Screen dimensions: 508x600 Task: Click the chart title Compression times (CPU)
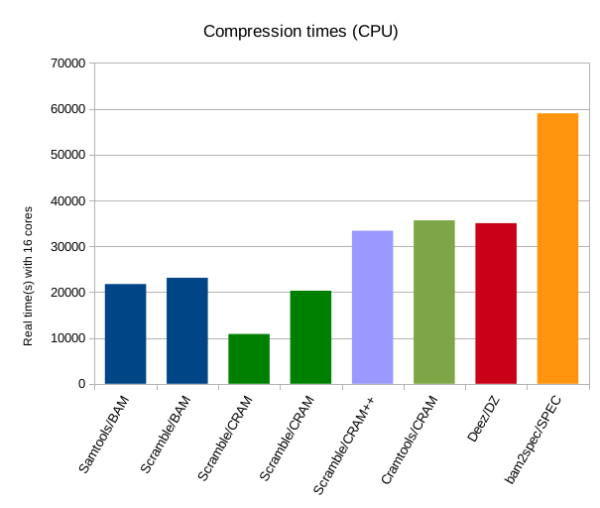click(300, 31)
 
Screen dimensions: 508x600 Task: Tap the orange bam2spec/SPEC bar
click(557, 248)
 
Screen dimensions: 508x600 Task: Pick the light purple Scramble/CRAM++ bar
click(372, 307)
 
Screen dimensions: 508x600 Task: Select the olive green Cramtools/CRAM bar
click(434, 302)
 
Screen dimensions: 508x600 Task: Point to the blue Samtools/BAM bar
click(125, 333)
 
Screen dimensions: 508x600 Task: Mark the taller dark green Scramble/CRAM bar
click(310, 336)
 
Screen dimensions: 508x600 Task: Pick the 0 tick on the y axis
click(80, 385)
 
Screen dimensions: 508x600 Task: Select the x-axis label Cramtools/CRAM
click(410, 436)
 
